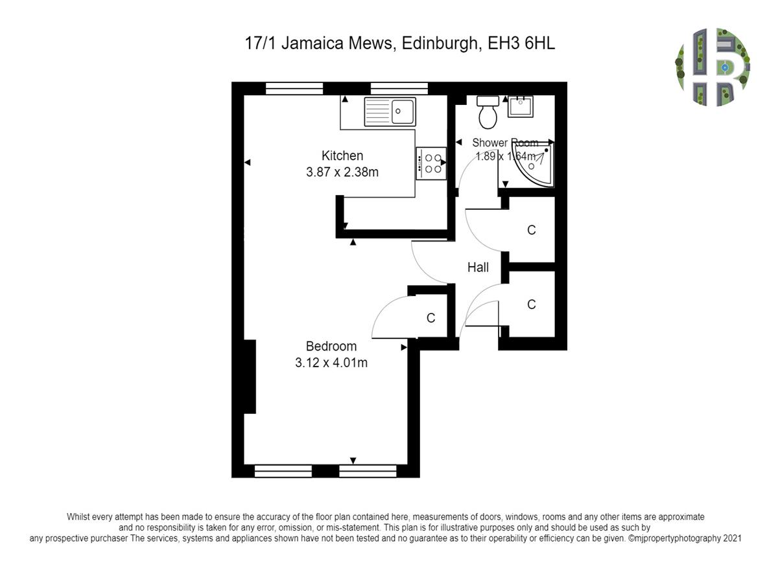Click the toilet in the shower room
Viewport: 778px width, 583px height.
point(488,112)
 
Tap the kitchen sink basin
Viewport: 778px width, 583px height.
point(402,112)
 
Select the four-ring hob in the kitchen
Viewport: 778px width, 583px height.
point(431,163)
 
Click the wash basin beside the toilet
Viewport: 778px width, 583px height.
point(520,106)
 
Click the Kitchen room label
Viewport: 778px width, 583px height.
point(342,155)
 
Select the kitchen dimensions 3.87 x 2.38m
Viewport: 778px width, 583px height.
point(342,172)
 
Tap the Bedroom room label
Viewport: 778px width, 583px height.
point(331,346)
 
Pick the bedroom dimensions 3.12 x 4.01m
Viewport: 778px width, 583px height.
point(331,363)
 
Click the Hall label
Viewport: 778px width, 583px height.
point(478,268)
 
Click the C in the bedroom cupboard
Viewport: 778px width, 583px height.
point(430,318)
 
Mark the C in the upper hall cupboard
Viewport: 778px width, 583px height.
point(531,230)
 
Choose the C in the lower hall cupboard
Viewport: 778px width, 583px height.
point(531,304)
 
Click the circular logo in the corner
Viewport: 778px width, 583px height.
point(713,67)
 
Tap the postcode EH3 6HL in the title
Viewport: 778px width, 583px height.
point(521,43)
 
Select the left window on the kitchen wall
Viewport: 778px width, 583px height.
point(294,89)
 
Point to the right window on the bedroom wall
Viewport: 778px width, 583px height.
point(368,471)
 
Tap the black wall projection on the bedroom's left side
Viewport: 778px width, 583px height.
point(250,376)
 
